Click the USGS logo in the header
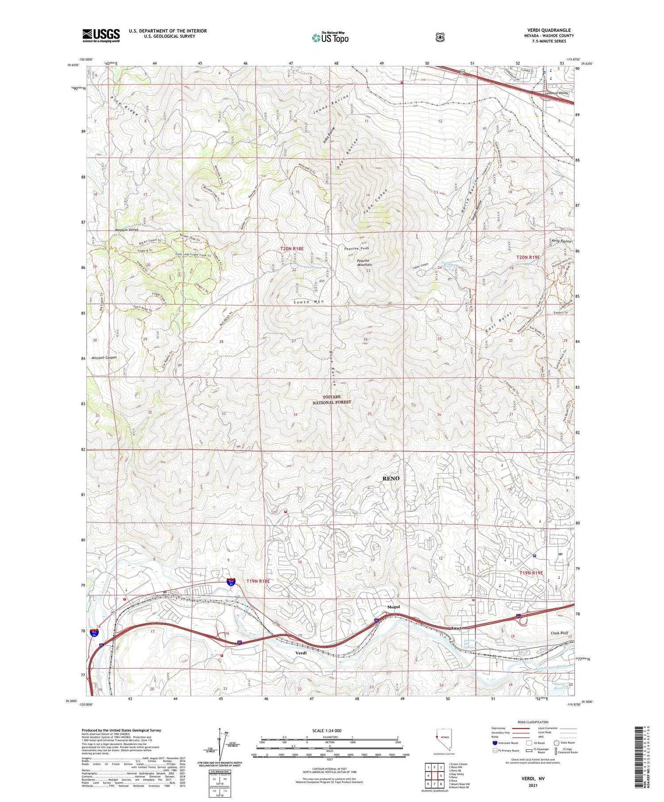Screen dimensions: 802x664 point(101,35)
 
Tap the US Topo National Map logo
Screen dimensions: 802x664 point(330,38)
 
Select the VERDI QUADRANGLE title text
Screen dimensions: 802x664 point(549,30)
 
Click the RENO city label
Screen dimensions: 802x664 point(390,479)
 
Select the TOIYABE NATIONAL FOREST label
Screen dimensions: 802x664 point(332,400)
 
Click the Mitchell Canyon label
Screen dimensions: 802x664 point(104,357)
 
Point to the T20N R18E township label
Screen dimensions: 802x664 point(292,249)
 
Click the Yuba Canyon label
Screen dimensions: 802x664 point(375,202)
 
